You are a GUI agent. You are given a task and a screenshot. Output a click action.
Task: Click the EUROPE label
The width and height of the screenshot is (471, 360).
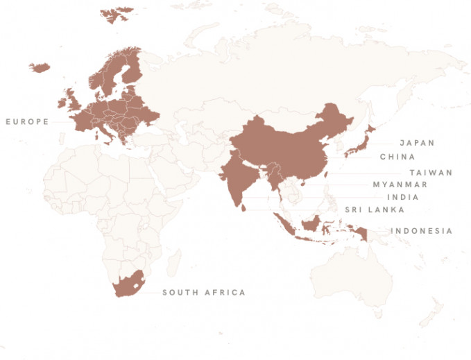(27, 121)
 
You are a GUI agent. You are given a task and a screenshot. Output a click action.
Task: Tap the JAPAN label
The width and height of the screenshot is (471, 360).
(417, 143)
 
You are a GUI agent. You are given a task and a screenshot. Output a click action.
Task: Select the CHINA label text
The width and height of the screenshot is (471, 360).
(397, 157)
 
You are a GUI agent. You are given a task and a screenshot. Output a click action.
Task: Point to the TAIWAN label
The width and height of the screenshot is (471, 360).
(430, 172)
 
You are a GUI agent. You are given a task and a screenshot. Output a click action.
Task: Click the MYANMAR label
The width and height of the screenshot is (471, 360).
(400, 185)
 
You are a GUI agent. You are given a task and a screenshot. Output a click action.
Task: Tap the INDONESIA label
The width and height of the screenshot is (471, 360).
(421, 231)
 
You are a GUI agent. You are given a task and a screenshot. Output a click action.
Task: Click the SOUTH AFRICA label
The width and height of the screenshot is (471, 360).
(204, 293)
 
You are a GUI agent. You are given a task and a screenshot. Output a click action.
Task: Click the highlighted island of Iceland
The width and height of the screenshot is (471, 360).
(39, 68)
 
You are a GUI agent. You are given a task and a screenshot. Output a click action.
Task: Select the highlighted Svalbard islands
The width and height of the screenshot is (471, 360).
(117, 15)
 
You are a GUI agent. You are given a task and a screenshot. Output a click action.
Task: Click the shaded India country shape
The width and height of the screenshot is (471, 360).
(240, 177)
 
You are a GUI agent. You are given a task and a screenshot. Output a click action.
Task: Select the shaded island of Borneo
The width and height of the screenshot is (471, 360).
(311, 224)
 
